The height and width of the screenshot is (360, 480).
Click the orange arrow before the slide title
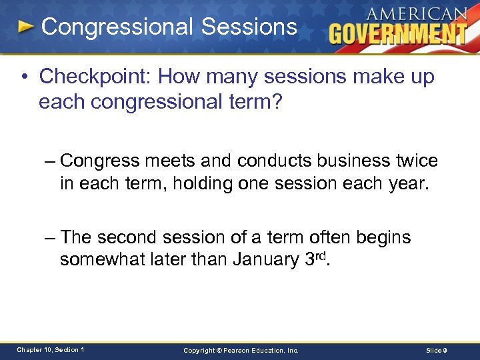[x=26, y=27]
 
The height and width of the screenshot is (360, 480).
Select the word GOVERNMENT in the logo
[x=398, y=34]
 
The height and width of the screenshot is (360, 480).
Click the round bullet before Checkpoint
[x=25, y=77]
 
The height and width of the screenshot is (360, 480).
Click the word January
[x=259, y=259]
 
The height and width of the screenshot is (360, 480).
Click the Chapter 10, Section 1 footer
[x=50, y=350]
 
